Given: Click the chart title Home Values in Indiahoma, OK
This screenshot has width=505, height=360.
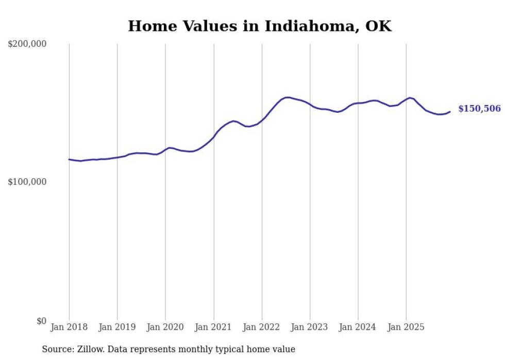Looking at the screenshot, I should click(x=260, y=26).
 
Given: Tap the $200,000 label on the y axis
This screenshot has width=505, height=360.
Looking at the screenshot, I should click(x=27, y=44).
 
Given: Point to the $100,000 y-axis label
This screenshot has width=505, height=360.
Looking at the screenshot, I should click(x=27, y=182).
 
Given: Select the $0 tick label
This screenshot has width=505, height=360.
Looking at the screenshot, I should click(x=41, y=321).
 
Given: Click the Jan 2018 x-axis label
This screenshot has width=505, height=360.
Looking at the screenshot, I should click(x=69, y=327).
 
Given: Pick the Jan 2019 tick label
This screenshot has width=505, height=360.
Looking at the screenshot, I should click(x=117, y=327).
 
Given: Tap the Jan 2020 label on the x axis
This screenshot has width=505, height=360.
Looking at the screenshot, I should click(x=165, y=327).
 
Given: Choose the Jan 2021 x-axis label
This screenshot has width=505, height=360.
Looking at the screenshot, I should click(x=213, y=327).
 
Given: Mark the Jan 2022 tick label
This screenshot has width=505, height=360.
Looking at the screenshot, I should click(x=262, y=327).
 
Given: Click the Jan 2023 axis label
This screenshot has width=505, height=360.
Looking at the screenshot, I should click(x=310, y=327).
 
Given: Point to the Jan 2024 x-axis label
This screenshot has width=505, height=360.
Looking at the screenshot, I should click(x=358, y=327).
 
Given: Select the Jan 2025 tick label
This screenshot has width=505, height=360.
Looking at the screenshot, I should click(x=406, y=327).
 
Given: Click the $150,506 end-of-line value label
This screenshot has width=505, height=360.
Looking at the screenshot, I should click(x=479, y=109).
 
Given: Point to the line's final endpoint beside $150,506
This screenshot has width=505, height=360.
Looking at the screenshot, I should click(x=450, y=112).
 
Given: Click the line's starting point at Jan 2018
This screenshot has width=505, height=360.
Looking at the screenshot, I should click(x=69, y=159).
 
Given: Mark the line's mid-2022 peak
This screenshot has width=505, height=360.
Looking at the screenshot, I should click(x=287, y=97).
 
